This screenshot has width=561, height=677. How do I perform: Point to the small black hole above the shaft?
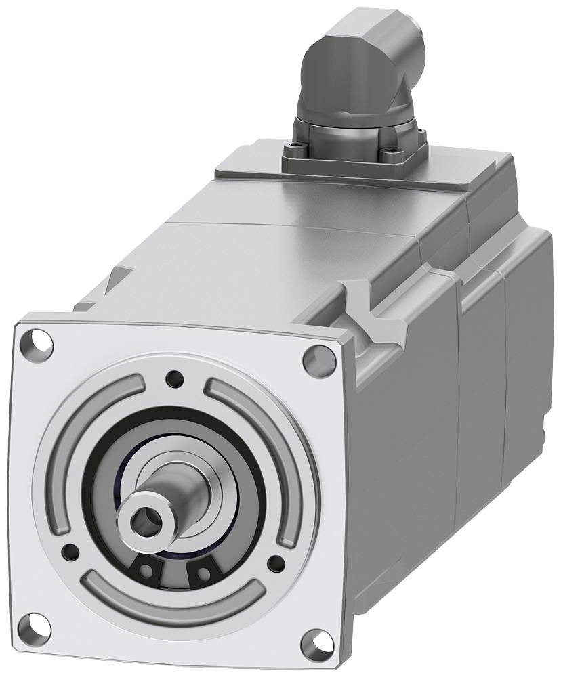(x=175, y=378)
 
